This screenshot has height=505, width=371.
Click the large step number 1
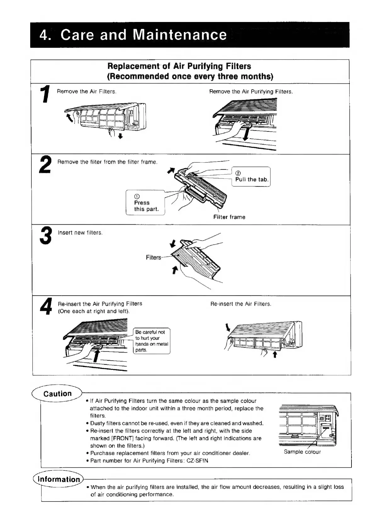[x=45, y=95]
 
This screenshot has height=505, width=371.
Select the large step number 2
[x=45, y=165]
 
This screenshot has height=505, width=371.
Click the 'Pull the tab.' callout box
[x=251, y=177]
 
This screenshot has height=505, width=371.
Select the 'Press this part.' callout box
[x=145, y=203]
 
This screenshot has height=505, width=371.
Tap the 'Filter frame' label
[x=229, y=217]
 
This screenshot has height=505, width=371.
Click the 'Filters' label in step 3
[x=153, y=258]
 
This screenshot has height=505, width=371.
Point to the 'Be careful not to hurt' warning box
[x=152, y=341]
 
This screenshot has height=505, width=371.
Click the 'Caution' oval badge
[x=58, y=394]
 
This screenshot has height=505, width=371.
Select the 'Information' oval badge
[x=59, y=479]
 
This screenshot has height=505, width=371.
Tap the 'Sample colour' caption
[x=302, y=452]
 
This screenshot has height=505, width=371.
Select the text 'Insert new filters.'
[x=80, y=233]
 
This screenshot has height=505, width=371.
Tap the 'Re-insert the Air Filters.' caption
[x=241, y=304]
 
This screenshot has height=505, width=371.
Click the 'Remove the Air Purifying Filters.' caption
[x=251, y=92]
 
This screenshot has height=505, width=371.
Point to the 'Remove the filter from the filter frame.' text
[x=107, y=162]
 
